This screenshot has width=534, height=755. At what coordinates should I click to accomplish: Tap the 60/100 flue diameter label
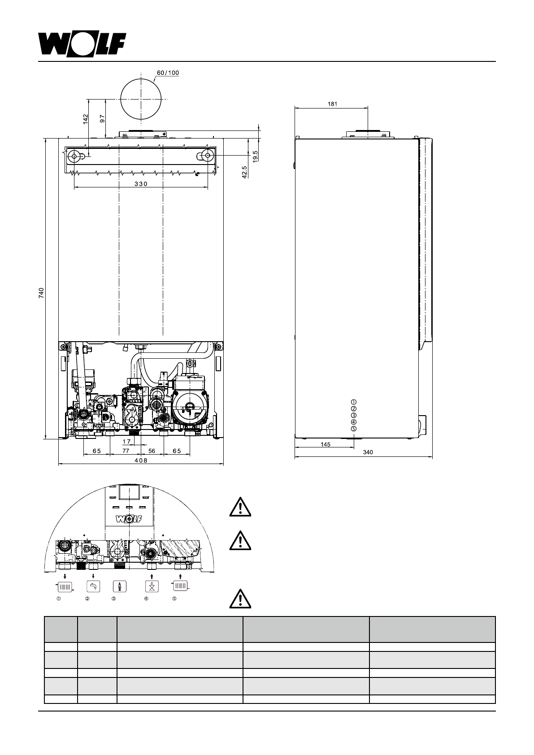[168, 73]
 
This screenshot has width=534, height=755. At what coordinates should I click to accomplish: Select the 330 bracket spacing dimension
[140, 184]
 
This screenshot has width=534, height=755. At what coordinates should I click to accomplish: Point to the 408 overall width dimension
[141, 460]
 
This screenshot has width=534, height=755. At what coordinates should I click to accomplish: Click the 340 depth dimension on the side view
[368, 453]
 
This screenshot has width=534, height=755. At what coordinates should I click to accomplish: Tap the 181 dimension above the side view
[332, 104]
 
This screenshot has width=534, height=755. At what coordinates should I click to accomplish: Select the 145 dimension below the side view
[326, 444]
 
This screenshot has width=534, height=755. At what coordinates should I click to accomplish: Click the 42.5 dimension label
[244, 173]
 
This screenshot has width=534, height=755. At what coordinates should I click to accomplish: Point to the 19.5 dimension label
[255, 156]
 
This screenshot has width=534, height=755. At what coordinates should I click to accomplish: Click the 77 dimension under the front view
[126, 451]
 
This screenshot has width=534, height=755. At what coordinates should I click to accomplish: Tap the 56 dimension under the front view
[152, 451]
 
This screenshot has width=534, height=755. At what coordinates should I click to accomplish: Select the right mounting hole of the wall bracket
[207, 155]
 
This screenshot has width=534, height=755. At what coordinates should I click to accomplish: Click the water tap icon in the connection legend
[93, 586]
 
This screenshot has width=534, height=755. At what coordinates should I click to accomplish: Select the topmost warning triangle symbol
[240, 508]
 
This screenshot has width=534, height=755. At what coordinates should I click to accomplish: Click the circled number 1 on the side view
[353, 402]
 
